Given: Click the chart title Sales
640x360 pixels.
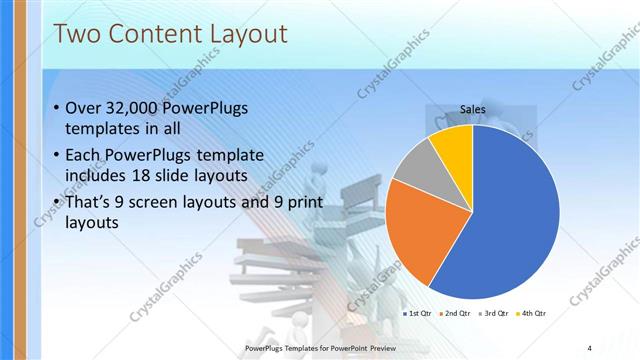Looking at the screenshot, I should pyautogui.click(x=473, y=109).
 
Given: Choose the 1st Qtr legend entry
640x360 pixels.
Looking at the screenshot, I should pyautogui.click(x=417, y=313).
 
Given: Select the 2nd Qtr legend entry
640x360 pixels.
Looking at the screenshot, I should pyautogui.click(x=455, y=313).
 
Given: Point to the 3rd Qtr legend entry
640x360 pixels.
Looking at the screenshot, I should pyautogui.click(x=494, y=313).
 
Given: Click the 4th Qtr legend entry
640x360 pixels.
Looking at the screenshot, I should pyautogui.click(x=531, y=313).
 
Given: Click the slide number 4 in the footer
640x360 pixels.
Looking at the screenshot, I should pyautogui.click(x=589, y=347).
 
